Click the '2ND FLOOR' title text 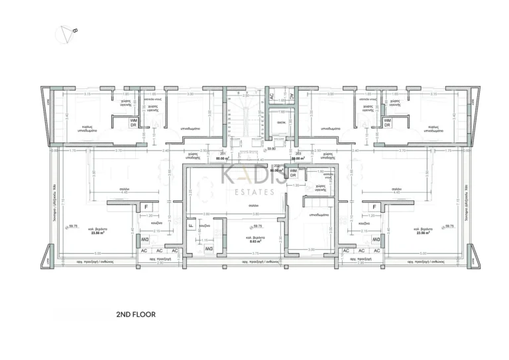(x=135, y=315)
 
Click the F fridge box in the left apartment (x=146, y=208)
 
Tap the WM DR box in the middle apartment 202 (x=292, y=173)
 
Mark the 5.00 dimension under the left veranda (x=97, y=255)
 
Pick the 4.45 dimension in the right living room (x=398, y=193)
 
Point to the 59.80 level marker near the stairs (x=271, y=149)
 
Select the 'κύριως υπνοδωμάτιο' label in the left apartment (x=86, y=129)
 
